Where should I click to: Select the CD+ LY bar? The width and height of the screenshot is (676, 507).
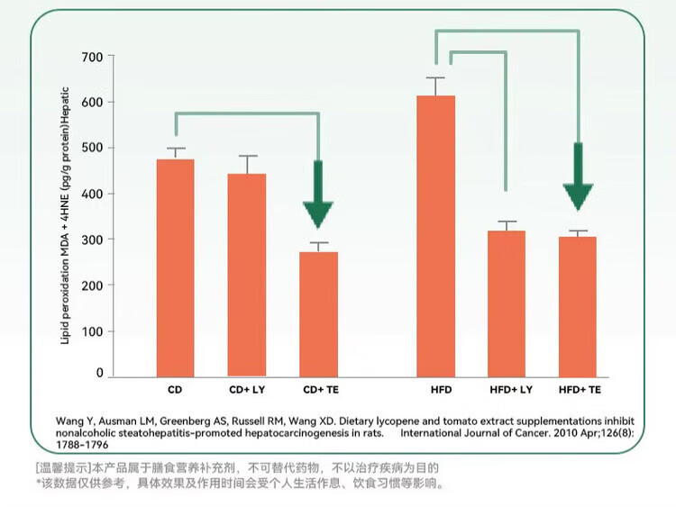[x=247, y=275]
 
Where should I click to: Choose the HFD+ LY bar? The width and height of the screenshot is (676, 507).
[x=507, y=303]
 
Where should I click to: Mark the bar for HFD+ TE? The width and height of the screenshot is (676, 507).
[x=578, y=306]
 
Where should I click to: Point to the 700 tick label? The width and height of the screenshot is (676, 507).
[x=93, y=57]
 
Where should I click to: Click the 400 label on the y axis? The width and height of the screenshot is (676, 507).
[x=93, y=194]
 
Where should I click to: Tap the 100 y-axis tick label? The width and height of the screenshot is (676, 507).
[x=93, y=331]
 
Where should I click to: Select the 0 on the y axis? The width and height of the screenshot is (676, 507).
[x=100, y=373]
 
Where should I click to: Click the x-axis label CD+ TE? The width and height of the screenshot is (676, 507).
[x=318, y=391]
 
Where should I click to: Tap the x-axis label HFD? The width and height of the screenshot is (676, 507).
[x=435, y=391]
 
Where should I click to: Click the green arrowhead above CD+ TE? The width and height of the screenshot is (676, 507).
[x=318, y=213]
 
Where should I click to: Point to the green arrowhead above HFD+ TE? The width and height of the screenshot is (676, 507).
[x=578, y=194]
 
